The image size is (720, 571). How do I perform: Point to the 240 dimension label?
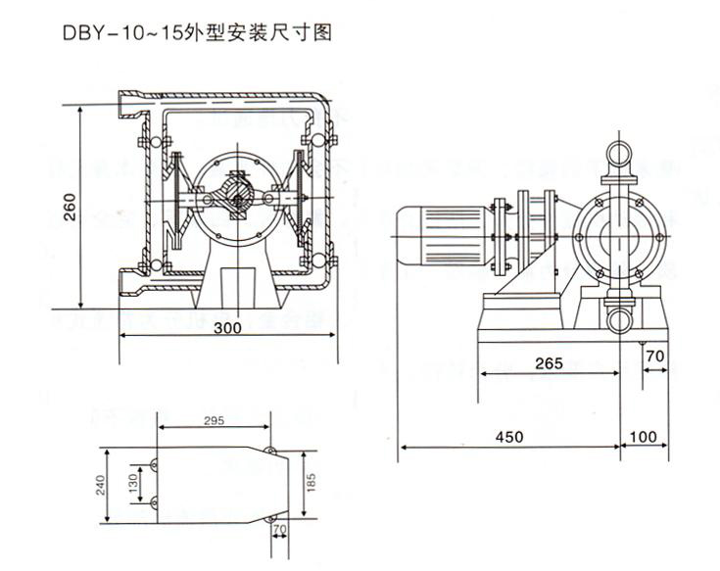[99, 486]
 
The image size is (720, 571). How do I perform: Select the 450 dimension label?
[507, 435]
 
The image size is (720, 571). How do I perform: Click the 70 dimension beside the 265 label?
[655, 356]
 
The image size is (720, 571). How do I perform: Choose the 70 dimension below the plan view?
[281, 532]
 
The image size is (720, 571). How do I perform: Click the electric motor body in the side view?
[445, 235]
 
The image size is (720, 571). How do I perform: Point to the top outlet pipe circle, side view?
[618, 154]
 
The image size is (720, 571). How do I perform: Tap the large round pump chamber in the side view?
[618, 235]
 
